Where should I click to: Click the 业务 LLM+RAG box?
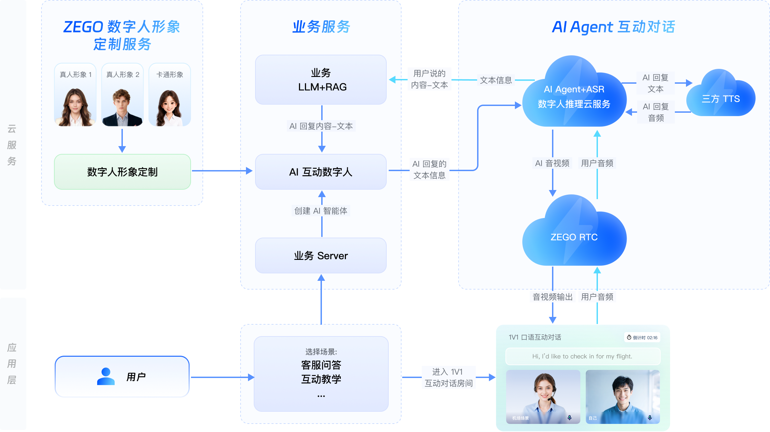tap(321, 80)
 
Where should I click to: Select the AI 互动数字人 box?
tap(321, 172)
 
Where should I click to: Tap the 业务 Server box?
tap(321, 255)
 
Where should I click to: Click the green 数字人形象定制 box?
tap(122, 172)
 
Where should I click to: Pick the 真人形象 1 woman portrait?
tap(75, 107)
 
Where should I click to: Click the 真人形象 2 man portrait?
tap(122, 107)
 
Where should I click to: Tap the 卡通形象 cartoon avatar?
tap(169, 108)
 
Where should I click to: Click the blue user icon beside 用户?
tap(106, 376)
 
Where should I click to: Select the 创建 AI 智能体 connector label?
tap(321, 211)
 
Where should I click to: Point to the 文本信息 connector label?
tap(496, 80)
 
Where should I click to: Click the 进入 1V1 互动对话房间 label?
tap(448, 377)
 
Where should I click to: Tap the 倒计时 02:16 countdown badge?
tap(642, 337)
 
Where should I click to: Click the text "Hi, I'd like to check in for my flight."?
tap(582, 356)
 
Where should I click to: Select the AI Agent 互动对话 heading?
tap(613, 27)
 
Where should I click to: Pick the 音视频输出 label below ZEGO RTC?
tap(553, 297)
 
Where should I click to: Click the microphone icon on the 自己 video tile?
tap(650, 418)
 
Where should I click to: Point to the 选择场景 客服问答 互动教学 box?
tap(321, 374)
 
